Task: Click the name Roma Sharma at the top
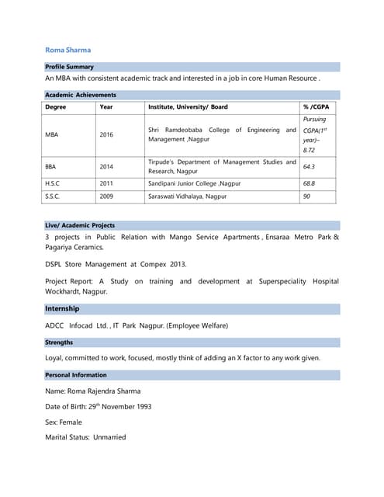click(67, 50)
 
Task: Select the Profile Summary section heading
click(69, 67)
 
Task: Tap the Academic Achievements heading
click(80, 95)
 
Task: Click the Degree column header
click(55, 106)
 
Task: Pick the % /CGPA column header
click(315, 106)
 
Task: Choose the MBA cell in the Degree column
click(52, 134)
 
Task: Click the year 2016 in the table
click(106, 134)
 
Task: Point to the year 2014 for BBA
click(106, 166)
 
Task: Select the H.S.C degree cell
click(54, 183)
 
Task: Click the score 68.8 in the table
click(309, 183)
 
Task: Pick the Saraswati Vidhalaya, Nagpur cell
click(187, 197)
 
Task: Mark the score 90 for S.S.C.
click(306, 197)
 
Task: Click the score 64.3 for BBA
click(309, 166)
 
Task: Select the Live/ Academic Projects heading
click(79, 225)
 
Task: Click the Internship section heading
click(62, 309)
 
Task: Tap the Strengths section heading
click(59, 342)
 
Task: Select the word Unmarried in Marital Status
click(109, 437)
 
